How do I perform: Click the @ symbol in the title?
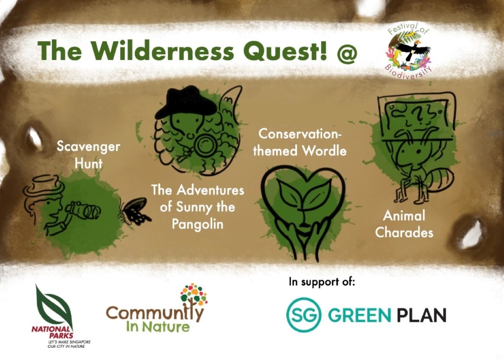point(347,53)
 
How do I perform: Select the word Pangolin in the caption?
point(197,224)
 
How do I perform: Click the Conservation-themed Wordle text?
point(300,142)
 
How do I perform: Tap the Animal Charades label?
point(404,224)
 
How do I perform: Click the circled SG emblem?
point(303,314)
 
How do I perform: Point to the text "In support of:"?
point(321,282)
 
